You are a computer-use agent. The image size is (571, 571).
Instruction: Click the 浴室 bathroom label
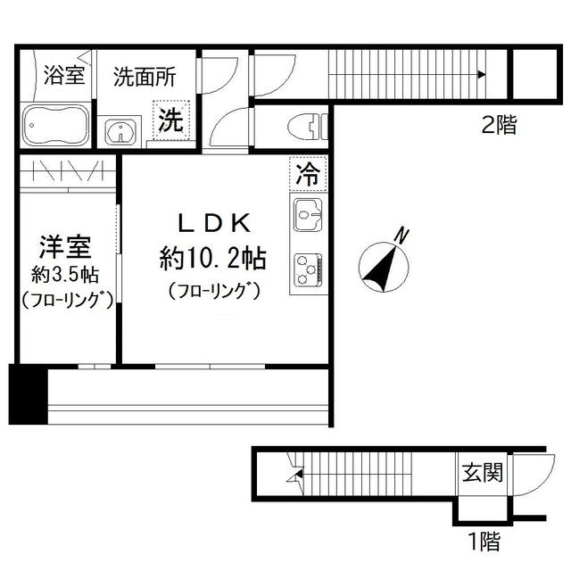point(64,76)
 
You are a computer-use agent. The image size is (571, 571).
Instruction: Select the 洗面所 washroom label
point(144,76)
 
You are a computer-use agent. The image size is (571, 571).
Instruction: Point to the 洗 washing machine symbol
point(170,121)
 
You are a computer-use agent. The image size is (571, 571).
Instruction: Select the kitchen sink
point(308,215)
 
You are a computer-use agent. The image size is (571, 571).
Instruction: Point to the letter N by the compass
point(402,236)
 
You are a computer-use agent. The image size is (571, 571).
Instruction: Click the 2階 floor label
point(498,126)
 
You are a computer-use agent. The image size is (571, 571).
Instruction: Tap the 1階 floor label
point(482,540)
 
